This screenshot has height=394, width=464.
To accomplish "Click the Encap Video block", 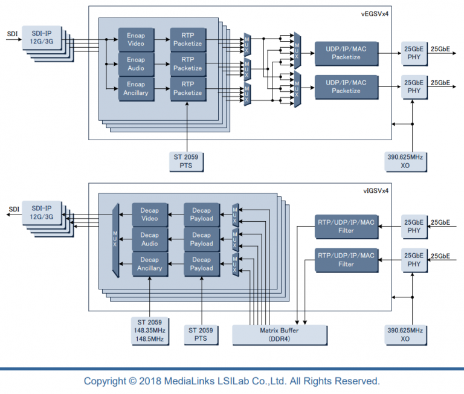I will pyautogui.click(x=136, y=39).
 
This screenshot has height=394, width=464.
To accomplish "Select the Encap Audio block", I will pyautogui.click(x=136, y=64).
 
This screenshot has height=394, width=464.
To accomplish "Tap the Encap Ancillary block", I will pyautogui.click(x=136, y=89).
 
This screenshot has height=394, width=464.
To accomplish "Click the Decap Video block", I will pyautogui.click(x=149, y=215).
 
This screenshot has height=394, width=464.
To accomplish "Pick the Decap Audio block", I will pyautogui.click(x=149, y=239).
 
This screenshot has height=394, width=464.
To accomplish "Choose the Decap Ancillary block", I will pyautogui.click(x=149, y=264).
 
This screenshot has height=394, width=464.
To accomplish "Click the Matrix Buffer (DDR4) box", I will pyautogui.click(x=279, y=335).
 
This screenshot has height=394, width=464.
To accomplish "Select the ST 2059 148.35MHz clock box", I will pyautogui.click(x=149, y=331).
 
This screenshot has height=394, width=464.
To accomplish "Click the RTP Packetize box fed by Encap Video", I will pyautogui.click(x=187, y=39).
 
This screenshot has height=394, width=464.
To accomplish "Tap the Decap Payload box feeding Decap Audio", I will pyautogui.click(x=201, y=239).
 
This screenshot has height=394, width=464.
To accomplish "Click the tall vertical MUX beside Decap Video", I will pyautogui.click(x=116, y=240).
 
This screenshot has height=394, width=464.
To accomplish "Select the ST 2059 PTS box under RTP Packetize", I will pyautogui.click(x=186, y=161).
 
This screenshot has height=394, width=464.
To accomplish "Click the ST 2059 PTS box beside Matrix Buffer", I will pyautogui.click(x=201, y=335).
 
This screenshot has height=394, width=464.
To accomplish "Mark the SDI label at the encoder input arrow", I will pyautogui.click(x=12, y=34).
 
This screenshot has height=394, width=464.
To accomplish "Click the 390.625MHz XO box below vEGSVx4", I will pyautogui.click(x=405, y=161).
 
